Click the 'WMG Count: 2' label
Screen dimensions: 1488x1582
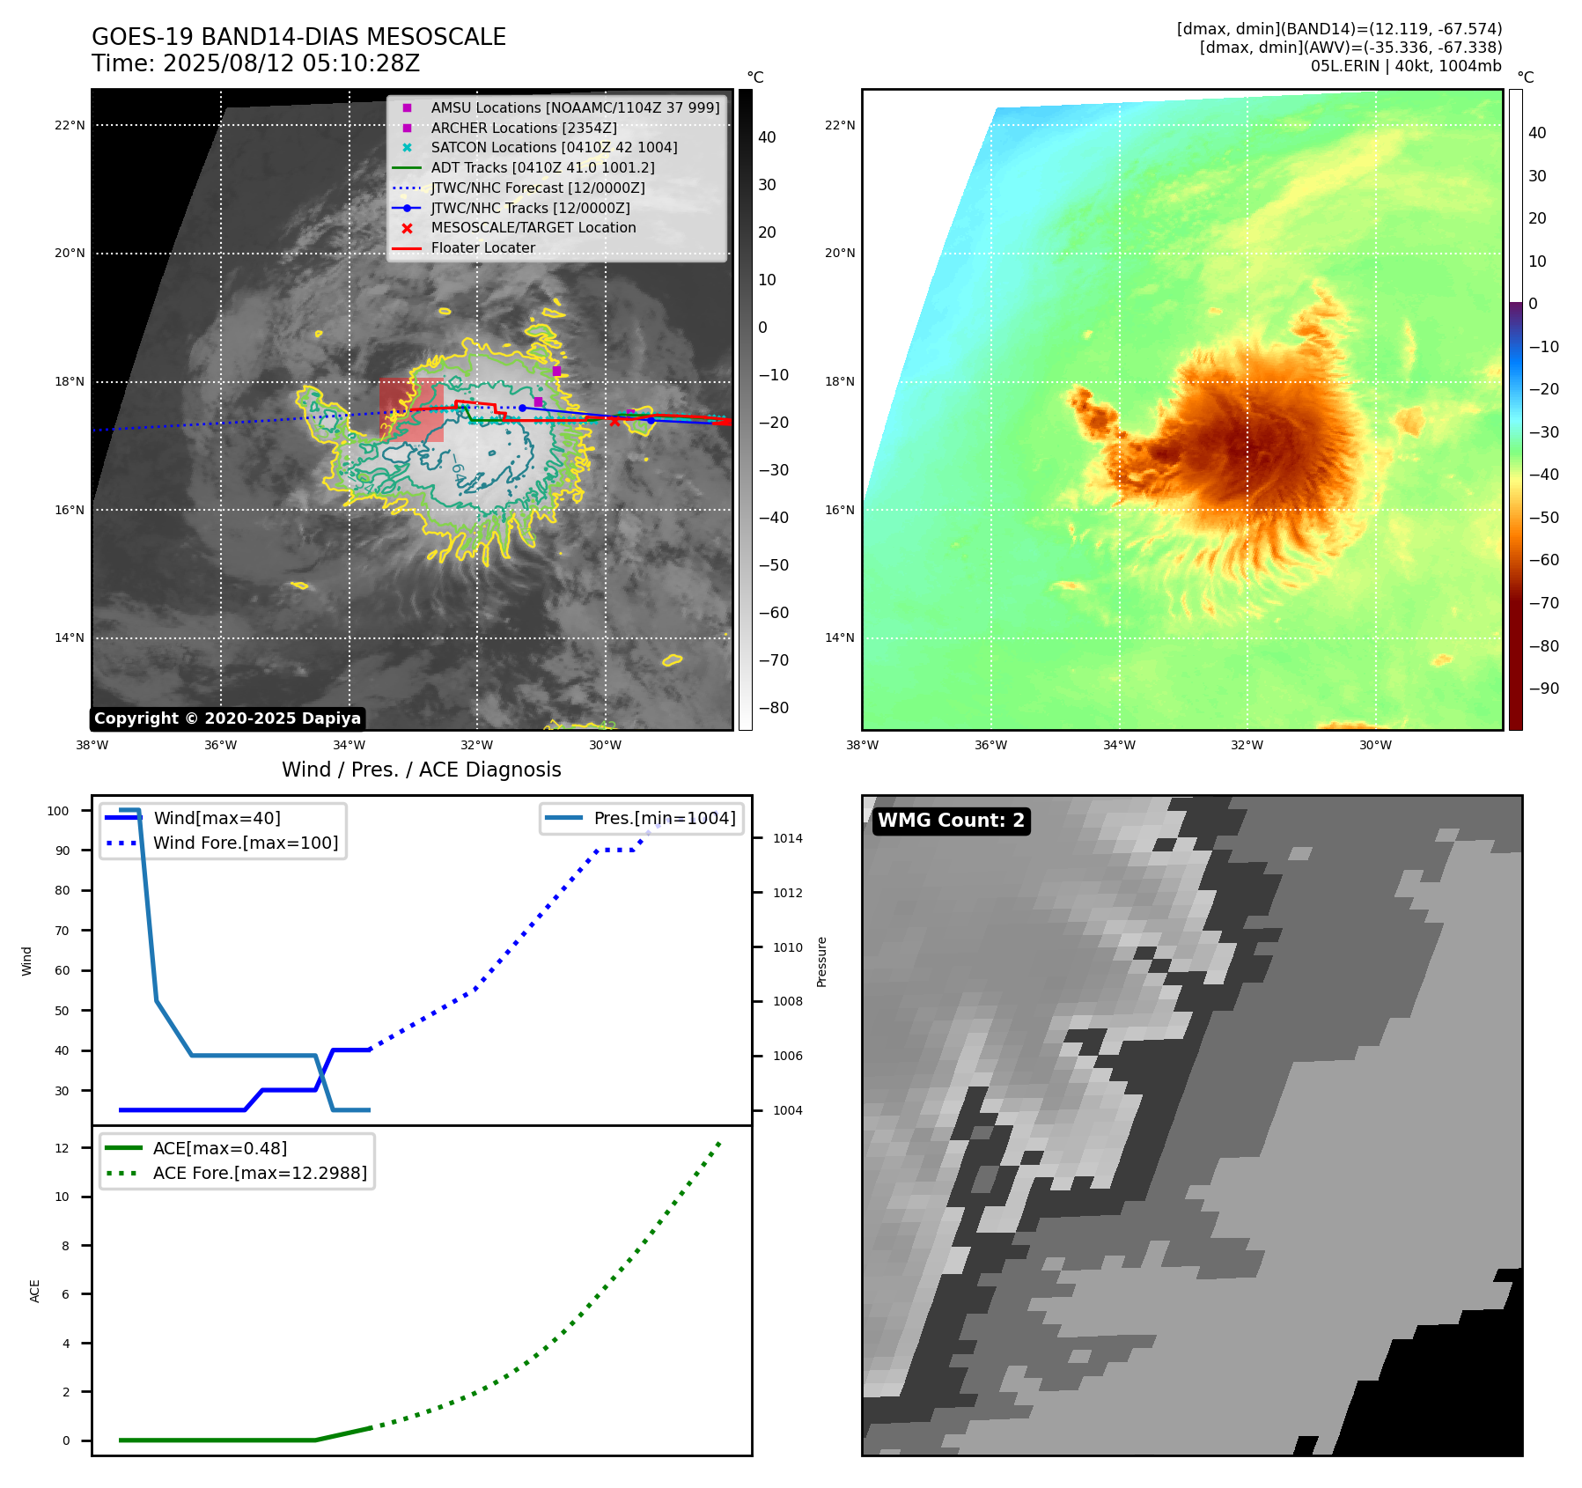coord(951,821)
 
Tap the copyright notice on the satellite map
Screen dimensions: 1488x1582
coord(227,718)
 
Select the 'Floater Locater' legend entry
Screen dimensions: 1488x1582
coord(482,248)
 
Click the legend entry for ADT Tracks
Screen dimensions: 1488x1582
coord(542,167)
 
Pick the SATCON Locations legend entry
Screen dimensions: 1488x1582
coord(554,147)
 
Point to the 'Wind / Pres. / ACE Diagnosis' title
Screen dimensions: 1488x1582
coord(421,770)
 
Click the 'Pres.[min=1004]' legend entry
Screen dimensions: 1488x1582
coord(664,818)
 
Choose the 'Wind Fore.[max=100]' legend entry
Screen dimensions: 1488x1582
coord(246,843)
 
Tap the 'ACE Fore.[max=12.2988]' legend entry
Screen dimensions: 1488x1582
coord(260,1173)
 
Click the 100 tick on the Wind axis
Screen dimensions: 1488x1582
coord(58,811)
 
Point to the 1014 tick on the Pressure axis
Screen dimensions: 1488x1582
coord(787,838)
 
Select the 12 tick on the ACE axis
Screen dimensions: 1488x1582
coord(62,1148)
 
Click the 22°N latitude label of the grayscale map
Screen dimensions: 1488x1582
coord(70,125)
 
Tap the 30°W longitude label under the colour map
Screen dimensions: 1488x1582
coord(1375,745)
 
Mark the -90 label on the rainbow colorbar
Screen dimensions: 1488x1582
coord(1543,689)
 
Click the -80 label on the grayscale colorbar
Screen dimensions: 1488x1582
coord(773,708)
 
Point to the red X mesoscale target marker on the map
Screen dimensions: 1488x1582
coord(614,421)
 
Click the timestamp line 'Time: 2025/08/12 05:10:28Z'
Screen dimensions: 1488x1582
coord(255,63)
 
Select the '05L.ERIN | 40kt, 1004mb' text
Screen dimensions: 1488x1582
coord(1405,66)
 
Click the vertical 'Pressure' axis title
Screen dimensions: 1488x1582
coord(821,961)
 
